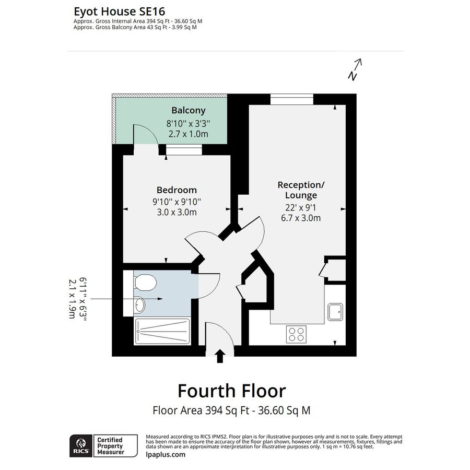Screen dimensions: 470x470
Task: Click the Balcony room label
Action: (188, 111)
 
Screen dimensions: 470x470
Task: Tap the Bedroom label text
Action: (177, 190)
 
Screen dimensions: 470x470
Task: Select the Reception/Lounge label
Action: (301, 190)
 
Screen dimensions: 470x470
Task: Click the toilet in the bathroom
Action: (145, 283)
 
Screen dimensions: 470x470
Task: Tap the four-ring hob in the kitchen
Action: (297, 334)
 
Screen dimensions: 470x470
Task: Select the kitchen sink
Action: (335, 312)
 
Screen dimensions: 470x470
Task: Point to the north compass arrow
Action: (355, 69)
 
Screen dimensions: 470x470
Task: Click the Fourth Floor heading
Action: (231, 391)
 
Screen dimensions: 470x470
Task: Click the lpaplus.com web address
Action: (166, 454)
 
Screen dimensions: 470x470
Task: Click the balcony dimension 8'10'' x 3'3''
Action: (188, 124)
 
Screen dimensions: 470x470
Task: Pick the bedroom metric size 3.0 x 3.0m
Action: (177, 212)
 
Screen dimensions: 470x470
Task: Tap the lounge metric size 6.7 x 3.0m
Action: (301, 218)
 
